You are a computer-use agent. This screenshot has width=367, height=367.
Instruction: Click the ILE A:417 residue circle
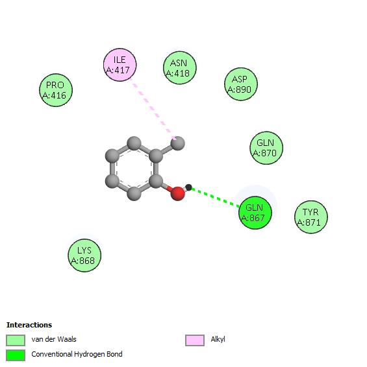pyautogui.click(x=120, y=65)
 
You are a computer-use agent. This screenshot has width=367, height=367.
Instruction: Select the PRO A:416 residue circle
pyautogui.click(x=56, y=90)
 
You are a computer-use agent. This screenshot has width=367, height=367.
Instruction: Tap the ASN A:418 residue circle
pyautogui.click(x=180, y=68)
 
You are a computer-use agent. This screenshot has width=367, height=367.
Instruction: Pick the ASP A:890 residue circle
pyautogui.click(x=241, y=84)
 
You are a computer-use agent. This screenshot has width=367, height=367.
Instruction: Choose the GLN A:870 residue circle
pyautogui.click(x=266, y=148)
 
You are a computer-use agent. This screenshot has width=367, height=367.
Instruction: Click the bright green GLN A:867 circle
pyautogui.click(x=255, y=213)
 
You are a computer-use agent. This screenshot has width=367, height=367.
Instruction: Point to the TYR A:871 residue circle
pyautogui.click(x=311, y=217)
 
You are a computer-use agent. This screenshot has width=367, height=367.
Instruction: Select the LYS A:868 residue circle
pyautogui.click(x=84, y=255)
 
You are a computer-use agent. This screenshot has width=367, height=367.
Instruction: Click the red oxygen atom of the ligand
pyautogui.click(x=178, y=194)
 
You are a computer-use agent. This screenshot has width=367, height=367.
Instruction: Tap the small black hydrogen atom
pyautogui.click(x=188, y=187)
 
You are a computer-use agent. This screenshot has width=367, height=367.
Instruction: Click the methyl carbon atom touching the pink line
pyautogui.click(x=178, y=143)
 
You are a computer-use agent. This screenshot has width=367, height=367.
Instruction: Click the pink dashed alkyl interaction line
pyautogui.click(x=153, y=109)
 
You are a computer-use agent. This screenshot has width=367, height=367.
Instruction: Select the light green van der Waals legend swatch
pyautogui.click(x=16, y=340)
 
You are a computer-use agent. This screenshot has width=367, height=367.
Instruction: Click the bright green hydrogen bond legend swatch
pyautogui.click(x=16, y=355)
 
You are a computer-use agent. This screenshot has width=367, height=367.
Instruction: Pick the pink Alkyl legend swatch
pyautogui.click(x=195, y=340)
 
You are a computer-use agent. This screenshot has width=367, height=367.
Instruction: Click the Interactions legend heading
pyautogui.click(x=29, y=325)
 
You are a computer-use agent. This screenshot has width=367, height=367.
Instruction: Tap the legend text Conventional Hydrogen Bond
pyautogui.click(x=77, y=354)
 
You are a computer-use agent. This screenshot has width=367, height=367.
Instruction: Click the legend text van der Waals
pyautogui.click(x=54, y=339)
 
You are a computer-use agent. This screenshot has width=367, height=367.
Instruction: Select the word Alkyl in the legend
pyautogui.click(x=218, y=339)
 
